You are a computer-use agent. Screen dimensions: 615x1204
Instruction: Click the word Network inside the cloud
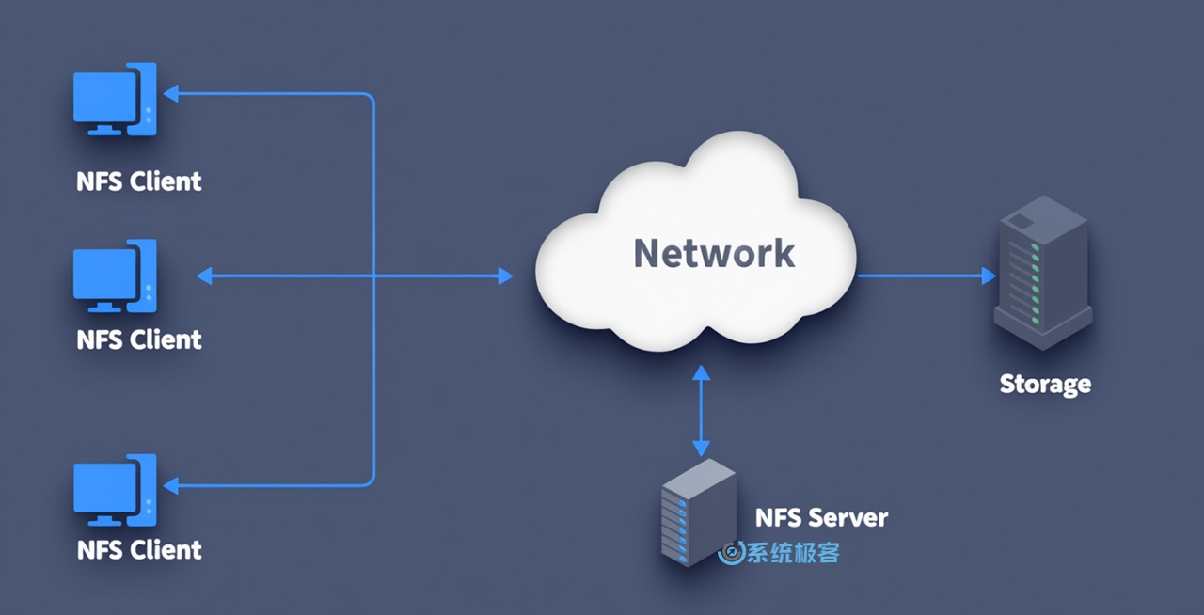(714, 253)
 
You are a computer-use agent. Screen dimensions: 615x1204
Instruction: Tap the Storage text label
(1045, 384)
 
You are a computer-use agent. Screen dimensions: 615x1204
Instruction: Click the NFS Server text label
(821, 517)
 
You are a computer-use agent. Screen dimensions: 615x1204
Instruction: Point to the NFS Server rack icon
(698, 513)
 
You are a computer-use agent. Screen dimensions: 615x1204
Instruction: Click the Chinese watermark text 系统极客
(792, 553)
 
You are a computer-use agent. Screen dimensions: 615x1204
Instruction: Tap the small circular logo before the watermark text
(730, 553)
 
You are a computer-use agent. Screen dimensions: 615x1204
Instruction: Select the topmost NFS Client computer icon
(115, 100)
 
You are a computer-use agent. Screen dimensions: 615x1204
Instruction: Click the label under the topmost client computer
(139, 181)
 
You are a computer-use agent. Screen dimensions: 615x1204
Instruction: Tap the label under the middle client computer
(139, 339)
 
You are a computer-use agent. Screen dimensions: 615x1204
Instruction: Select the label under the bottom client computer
(139, 549)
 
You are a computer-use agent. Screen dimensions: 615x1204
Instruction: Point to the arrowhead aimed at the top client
(170, 93)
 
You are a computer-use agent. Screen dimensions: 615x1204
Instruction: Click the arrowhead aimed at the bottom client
(170, 485)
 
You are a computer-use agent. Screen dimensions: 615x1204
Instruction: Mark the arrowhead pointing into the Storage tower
(989, 276)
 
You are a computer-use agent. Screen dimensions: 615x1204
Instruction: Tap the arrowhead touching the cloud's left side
(505, 276)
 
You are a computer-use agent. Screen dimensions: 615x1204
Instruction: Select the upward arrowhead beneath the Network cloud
(701, 373)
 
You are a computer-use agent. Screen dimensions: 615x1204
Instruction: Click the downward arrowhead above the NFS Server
(701, 446)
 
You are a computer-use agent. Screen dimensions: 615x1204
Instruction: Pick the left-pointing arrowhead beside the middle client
(204, 276)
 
